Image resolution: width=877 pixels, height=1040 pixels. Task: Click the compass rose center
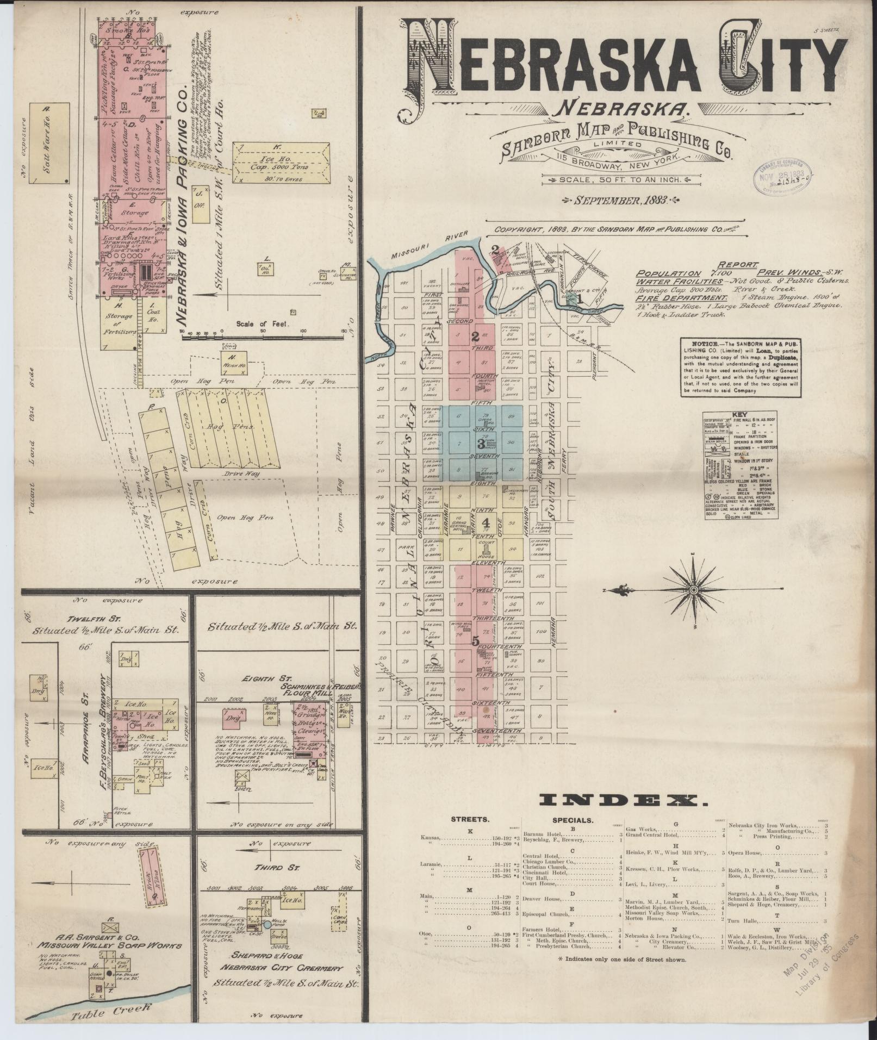tap(694, 590)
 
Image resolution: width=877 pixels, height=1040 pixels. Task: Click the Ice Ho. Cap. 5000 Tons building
tap(281, 161)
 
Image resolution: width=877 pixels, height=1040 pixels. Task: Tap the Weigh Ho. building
tap(234, 362)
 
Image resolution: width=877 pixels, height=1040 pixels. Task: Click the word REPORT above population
tap(738, 264)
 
